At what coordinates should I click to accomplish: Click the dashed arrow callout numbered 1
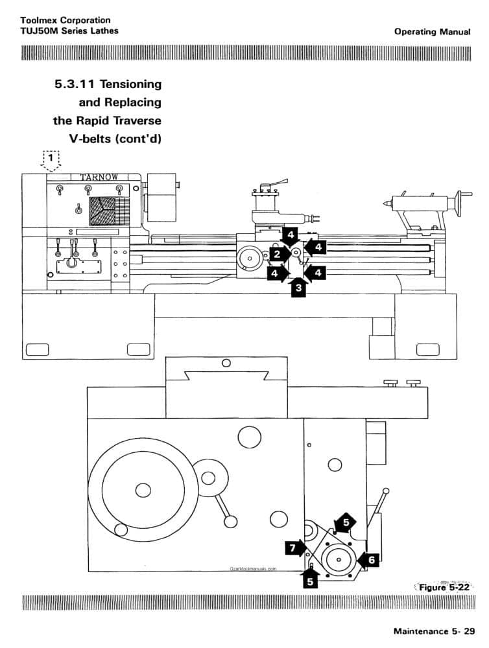coord(51,160)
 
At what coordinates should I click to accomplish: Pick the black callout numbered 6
coord(370,559)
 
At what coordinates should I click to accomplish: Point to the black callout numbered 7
coord(294,549)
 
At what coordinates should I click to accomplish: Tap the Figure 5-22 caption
coord(445,588)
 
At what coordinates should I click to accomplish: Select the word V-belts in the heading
coord(93,138)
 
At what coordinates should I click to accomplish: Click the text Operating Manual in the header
coord(432,32)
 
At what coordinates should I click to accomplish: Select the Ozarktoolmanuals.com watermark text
coord(253,568)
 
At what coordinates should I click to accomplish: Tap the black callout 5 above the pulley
coord(346,522)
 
